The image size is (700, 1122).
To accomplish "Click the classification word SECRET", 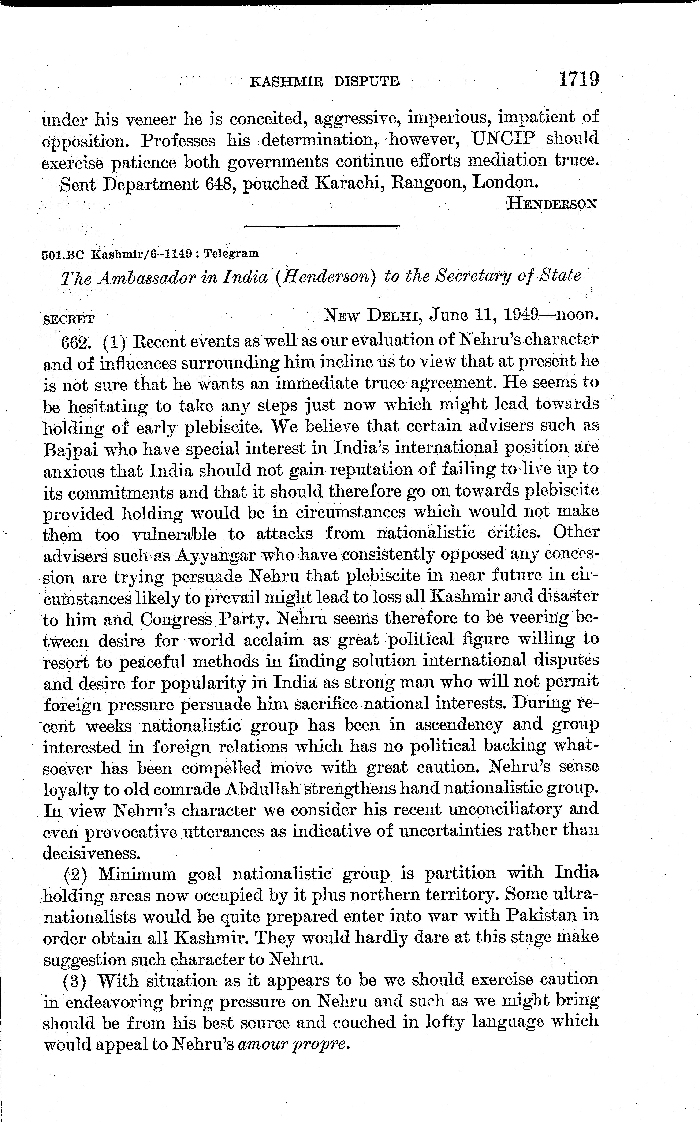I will point(68,319).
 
